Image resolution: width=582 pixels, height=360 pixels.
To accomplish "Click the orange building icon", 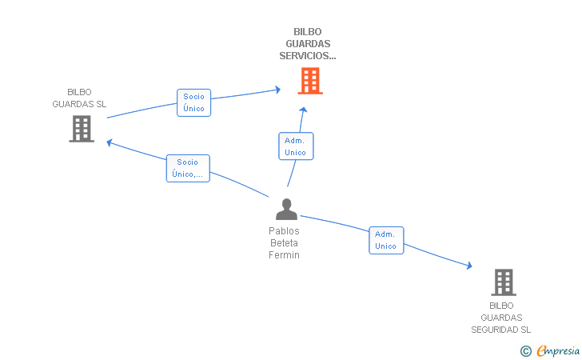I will click(x=309, y=81).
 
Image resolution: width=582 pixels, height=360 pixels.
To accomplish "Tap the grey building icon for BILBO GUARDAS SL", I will click(x=81, y=129).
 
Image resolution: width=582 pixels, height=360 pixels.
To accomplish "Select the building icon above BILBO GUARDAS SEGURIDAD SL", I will click(x=503, y=282).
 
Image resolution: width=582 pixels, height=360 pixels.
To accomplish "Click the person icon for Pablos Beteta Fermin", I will click(x=286, y=209).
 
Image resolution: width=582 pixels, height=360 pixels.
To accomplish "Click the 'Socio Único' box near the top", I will click(x=193, y=102).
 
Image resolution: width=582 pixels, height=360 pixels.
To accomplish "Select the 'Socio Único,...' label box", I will click(x=188, y=168).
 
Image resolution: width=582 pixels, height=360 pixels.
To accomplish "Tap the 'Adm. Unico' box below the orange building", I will click(x=295, y=146).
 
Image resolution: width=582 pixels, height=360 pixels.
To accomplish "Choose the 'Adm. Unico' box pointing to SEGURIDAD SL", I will click(x=385, y=240).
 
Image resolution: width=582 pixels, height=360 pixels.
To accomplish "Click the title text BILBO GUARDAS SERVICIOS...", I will click(x=308, y=44).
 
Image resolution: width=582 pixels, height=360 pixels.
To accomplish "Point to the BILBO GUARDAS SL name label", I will click(x=79, y=98).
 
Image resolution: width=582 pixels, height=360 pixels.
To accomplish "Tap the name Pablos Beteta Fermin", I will click(x=284, y=242).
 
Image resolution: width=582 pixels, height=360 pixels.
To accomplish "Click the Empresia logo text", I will click(x=557, y=350).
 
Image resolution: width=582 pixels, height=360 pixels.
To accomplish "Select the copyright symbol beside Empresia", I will click(x=525, y=350).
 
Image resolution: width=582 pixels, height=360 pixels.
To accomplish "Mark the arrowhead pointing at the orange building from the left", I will click(x=277, y=90).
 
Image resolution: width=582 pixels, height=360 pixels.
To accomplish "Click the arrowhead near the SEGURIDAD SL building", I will click(x=468, y=267).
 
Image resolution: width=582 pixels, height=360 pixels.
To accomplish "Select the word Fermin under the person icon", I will click(x=284, y=255).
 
